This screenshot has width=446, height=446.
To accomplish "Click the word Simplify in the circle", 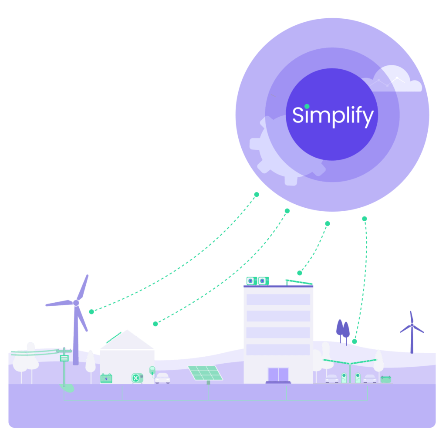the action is [333, 116].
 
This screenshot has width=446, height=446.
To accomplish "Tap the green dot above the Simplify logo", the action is [307, 106].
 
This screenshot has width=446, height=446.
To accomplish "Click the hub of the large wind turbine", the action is [76, 303].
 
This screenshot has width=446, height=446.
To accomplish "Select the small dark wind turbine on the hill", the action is [412, 332].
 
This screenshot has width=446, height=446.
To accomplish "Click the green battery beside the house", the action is [106, 378].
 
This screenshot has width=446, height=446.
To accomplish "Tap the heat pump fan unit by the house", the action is [137, 378].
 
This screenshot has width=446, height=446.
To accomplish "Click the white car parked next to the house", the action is [162, 378].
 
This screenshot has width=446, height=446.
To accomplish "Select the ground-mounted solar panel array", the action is [206, 373].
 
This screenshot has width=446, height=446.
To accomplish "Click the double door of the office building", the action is [278, 375].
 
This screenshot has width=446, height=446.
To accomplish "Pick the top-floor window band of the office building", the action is [278, 300].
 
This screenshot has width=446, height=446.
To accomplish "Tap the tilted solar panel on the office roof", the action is [299, 282].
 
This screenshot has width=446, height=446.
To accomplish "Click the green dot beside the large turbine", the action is [91, 312].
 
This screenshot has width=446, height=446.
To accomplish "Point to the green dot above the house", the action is [155, 324].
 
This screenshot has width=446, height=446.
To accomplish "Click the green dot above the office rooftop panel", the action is [300, 273].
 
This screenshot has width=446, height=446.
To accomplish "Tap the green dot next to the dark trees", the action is [355, 341].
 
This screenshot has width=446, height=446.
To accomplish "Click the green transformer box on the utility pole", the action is [64, 358].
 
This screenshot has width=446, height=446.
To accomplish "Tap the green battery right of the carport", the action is [386, 379].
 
